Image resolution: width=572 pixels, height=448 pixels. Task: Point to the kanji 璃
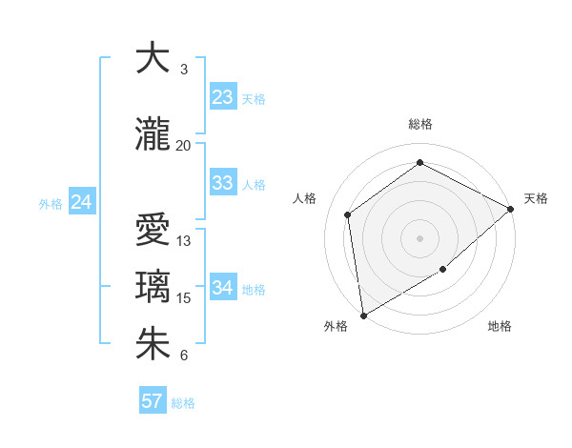153,286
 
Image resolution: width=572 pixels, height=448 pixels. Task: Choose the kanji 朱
153,343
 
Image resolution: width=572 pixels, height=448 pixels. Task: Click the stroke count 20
183,145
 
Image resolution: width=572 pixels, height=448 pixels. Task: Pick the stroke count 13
184,241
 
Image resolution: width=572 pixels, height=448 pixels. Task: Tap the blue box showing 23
222,96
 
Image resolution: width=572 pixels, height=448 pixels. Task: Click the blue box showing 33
222,183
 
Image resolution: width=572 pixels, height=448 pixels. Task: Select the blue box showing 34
222,287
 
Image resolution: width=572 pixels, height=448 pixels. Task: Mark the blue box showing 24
82,202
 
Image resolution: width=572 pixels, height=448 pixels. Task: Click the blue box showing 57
152,401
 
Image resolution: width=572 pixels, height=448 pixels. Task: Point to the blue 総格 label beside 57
183,403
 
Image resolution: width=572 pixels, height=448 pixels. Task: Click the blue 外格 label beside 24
51,204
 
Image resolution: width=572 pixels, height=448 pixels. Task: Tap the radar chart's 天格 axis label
536,198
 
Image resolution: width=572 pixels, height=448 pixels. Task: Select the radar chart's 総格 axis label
419,124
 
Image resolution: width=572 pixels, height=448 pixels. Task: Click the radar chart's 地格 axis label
500,326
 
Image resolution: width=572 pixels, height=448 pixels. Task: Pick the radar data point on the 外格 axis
363,315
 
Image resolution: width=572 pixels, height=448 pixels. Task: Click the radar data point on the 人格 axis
348,214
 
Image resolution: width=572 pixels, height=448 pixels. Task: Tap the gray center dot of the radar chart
419,237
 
